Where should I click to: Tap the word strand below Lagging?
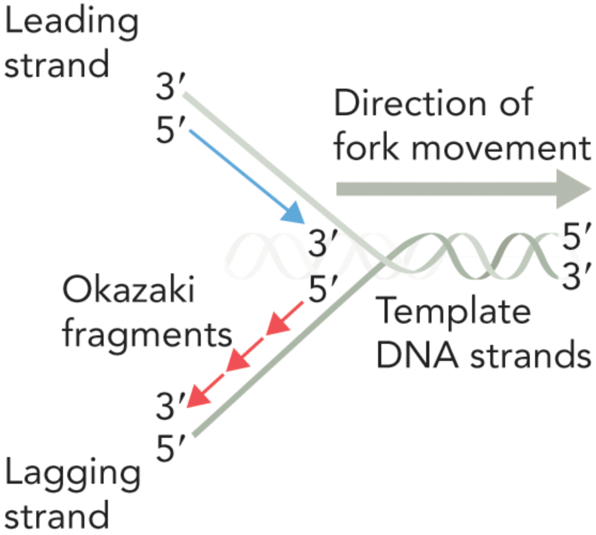(x=57, y=516)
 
